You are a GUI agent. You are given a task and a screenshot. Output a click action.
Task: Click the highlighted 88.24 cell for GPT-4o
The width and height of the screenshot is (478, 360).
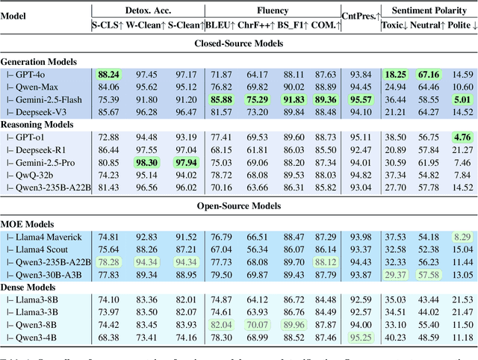[x=109, y=75]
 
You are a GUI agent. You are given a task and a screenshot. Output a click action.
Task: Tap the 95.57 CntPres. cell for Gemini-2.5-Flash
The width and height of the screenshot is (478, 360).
[x=361, y=99]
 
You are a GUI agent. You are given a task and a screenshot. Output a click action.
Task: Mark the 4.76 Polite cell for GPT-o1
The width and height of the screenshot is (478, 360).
[x=462, y=137]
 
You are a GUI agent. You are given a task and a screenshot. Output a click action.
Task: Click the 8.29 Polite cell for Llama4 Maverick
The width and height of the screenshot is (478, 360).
[x=462, y=237]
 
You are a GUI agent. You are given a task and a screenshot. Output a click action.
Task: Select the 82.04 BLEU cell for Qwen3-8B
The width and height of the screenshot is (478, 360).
[x=220, y=325]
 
